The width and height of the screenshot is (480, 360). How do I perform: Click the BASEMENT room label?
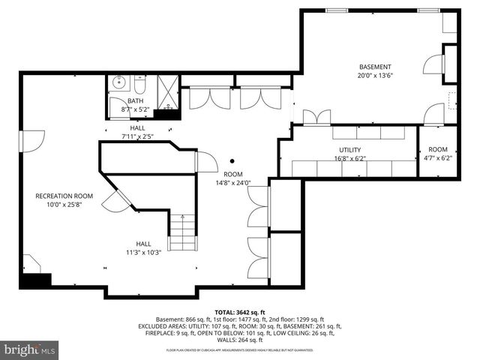[x=374, y=66]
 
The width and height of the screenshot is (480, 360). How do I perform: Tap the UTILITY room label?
[x=349, y=150]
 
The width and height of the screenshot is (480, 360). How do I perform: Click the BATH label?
[x=135, y=100]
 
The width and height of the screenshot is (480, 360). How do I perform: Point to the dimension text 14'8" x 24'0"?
[x=232, y=182]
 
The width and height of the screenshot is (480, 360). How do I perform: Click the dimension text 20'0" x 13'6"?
[x=374, y=74]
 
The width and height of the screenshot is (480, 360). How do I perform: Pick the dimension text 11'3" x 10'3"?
[x=143, y=252]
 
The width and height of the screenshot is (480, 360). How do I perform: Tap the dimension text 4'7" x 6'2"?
[x=438, y=158]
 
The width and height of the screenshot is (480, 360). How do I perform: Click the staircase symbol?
[x=182, y=232]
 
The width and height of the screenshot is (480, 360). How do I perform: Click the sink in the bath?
[x=118, y=82]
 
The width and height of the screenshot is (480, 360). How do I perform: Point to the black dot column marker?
[x=232, y=160]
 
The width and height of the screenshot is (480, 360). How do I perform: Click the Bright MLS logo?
[x=30, y=349]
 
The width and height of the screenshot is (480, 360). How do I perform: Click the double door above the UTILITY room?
[x=316, y=117]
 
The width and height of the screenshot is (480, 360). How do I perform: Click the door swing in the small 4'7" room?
[x=433, y=115]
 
